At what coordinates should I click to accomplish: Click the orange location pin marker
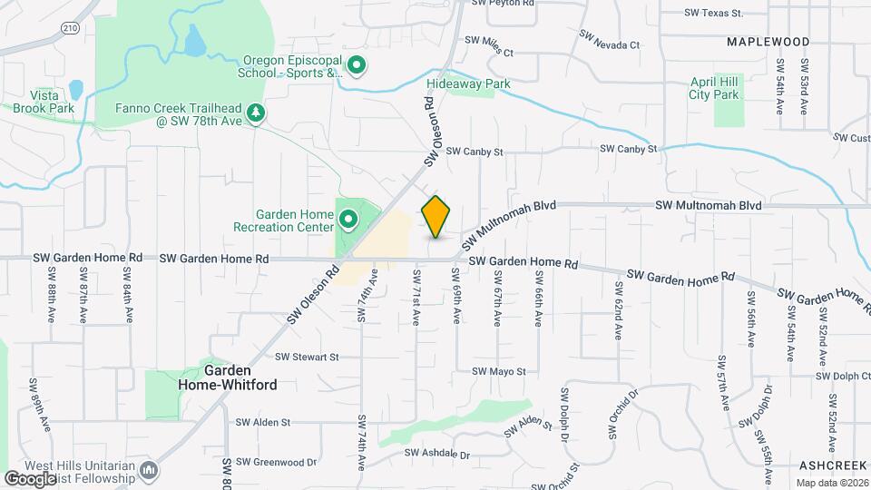point(436,216)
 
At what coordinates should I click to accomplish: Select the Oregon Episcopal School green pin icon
point(357,65)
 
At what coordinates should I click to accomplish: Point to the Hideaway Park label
point(468,84)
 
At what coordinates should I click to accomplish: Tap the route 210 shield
point(69,28)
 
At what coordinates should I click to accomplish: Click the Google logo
point(30,478)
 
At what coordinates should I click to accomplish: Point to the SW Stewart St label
point(307,358)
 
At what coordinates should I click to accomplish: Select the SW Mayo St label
point(499,372)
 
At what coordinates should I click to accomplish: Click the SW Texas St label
point(714,14)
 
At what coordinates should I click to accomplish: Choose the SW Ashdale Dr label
point(437,454)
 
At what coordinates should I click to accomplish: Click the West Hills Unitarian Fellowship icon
point(150,470)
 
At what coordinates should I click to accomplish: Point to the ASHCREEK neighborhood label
point(835,465)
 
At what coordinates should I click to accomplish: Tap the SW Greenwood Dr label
point(278,462)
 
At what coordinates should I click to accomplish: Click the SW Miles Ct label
point(489,41)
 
